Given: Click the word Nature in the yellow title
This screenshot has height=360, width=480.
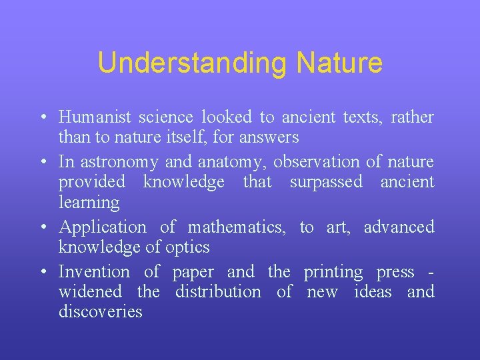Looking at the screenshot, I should tap(339, 63).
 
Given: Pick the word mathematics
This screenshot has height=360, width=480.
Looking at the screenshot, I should tap(237, 227).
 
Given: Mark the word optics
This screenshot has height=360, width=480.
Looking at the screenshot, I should tap(189, 247).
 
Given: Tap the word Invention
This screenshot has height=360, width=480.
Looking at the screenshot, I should tap(94, 272).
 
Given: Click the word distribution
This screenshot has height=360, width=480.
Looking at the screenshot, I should tap(218, 292).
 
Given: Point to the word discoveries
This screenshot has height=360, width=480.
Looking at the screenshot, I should tap(100, 312).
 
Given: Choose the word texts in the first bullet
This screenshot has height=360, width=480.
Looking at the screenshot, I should tap(360, 118).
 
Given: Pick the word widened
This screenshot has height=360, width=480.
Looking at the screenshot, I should tap(90, 292).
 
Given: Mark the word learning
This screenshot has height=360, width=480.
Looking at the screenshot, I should tap(89, 202).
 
